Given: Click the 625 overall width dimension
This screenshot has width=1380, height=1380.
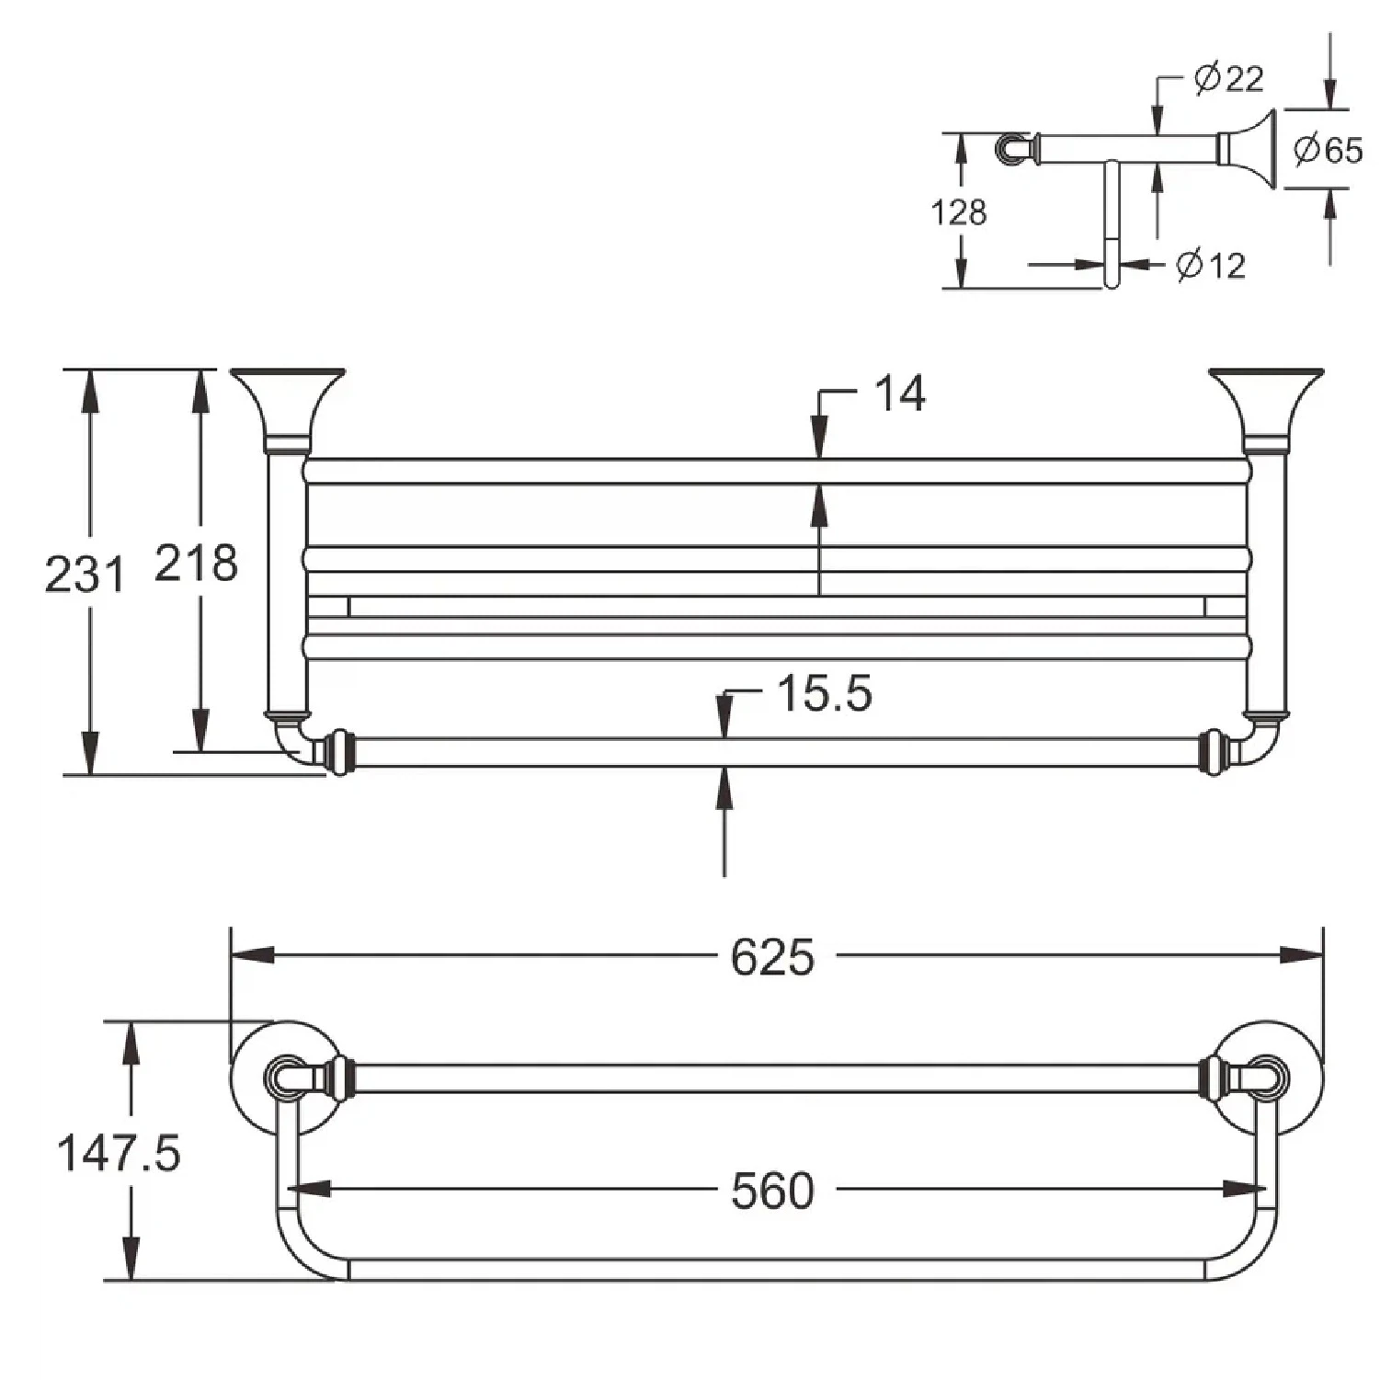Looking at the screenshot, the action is (x=772, y=957).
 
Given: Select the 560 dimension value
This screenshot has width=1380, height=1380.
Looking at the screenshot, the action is (x=772, y=1191).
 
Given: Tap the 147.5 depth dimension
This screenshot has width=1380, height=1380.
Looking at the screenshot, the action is (x=119, y=1152).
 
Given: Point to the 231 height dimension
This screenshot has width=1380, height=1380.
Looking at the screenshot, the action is (x=84, y=575).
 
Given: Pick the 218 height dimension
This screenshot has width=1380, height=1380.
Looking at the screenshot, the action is (x=196, y=563).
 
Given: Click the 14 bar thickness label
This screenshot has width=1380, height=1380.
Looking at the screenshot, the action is (x=899, y=393).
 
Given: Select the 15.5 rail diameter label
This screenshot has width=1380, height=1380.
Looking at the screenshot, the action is (x=824, y=693).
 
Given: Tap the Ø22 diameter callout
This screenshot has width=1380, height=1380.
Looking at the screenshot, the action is (x=1228, y=78).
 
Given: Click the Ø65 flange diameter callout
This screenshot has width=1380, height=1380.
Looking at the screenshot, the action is (x=1328, y=149).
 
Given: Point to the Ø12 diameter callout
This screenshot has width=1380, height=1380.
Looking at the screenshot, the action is (x=1211, y=266).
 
